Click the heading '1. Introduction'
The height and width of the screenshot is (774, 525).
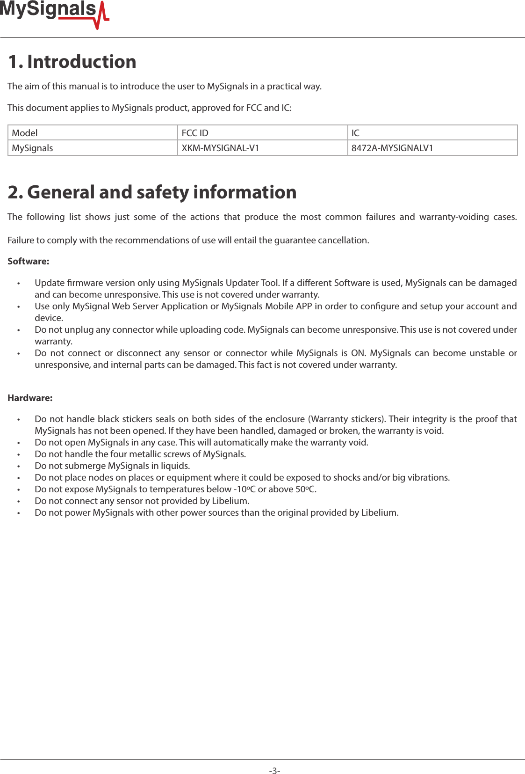[72, 62]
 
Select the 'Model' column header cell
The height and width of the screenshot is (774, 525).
[25, 133]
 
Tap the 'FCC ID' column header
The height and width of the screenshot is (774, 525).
[195, 133]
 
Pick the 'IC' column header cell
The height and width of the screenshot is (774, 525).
[355, 133]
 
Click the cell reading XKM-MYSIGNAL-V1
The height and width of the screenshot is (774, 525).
[220, 148]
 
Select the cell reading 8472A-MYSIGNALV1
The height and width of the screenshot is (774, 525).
[392, 148]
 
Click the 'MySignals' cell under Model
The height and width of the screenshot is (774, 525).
[32, 148]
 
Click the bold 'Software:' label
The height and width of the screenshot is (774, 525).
[28, 261]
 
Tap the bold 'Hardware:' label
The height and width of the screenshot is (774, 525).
[30, 398]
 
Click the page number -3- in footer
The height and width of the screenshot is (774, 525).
[274, 770]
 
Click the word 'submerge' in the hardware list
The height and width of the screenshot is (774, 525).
[86, 466]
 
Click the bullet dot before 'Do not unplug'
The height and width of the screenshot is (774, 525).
[19, 330]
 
